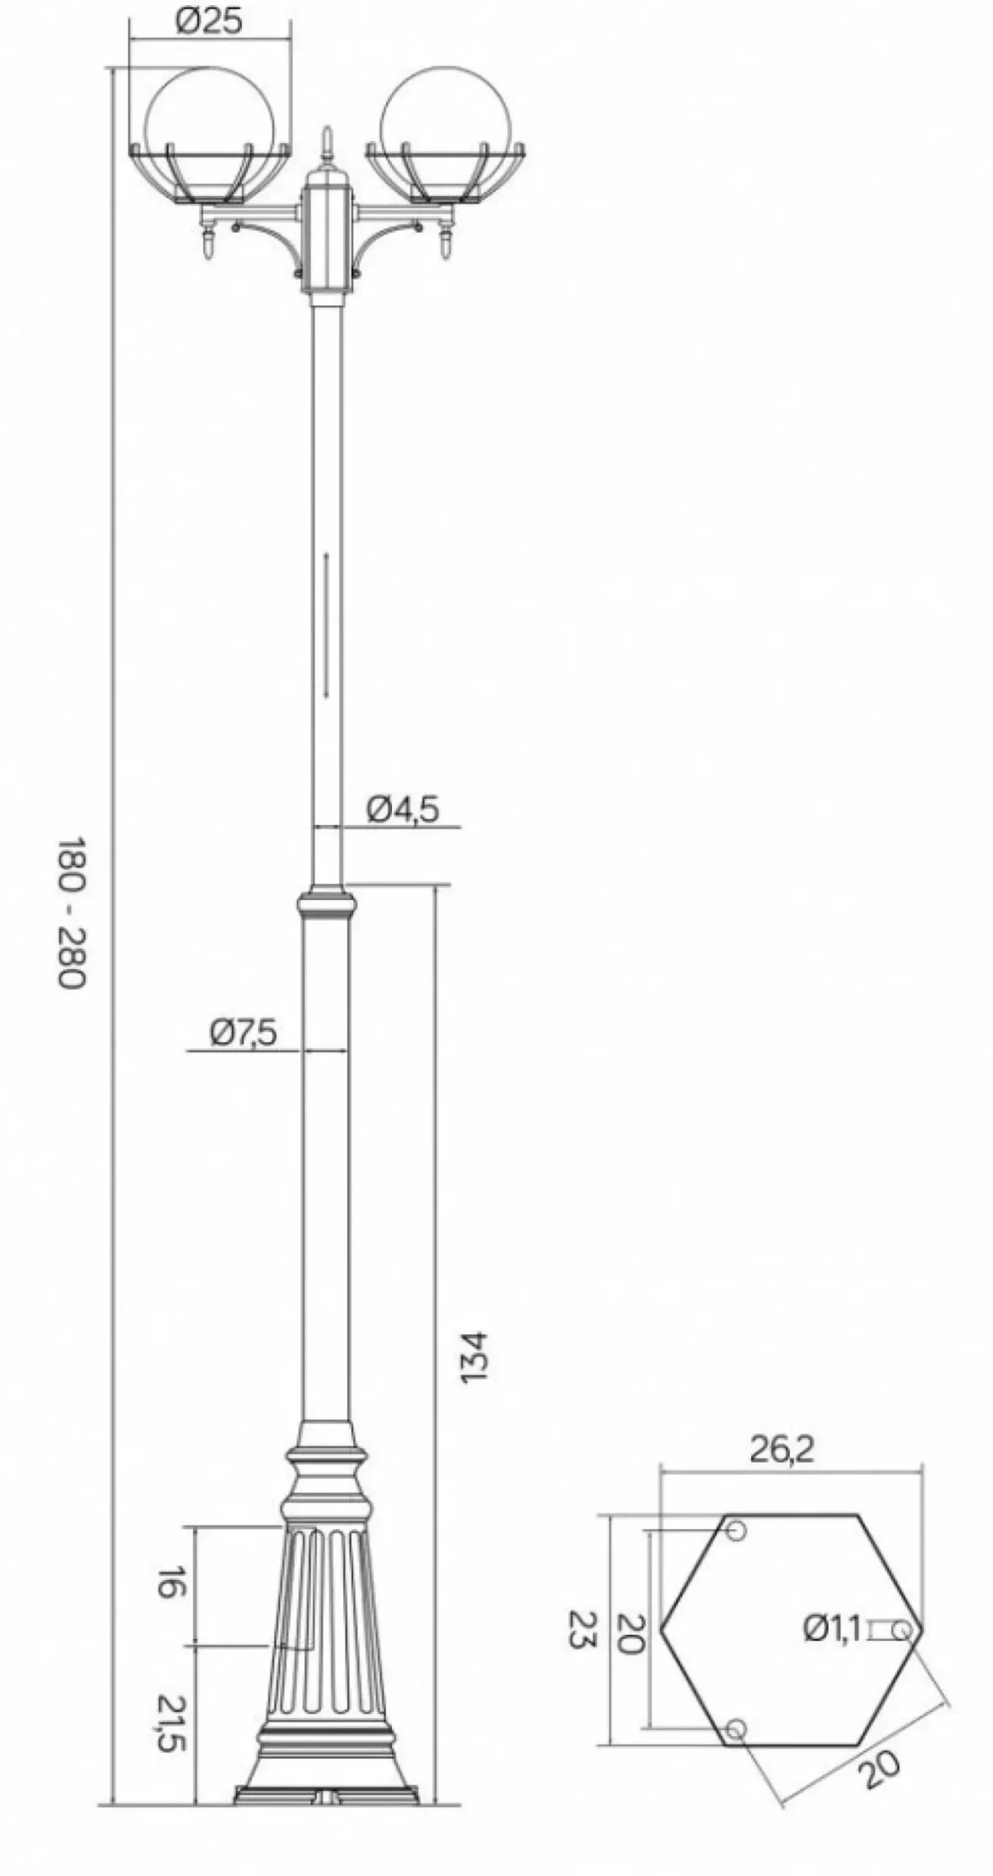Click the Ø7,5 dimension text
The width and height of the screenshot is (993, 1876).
[243, 1033]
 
